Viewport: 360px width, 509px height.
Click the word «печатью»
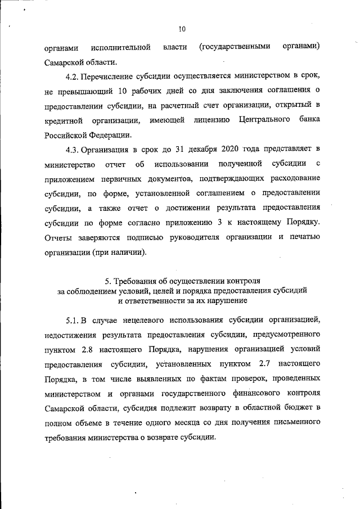[x=305, y=237]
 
